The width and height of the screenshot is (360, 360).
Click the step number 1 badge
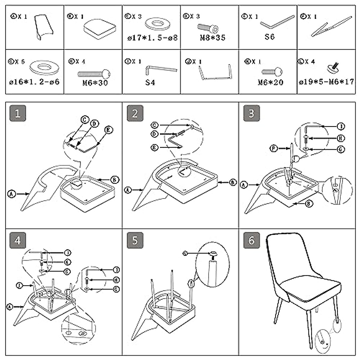(18, 113)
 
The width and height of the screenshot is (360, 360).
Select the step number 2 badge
(135, 113)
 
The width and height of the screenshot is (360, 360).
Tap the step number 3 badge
(251, 113)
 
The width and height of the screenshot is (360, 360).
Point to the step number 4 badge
(18, 240)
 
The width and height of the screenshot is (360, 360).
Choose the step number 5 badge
(135, 240)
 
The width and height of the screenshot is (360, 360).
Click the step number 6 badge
(251, 240)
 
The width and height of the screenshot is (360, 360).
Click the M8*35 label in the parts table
(213, 38)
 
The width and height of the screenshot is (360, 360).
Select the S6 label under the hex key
(269, 37)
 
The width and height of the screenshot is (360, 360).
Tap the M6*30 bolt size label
(95, 82)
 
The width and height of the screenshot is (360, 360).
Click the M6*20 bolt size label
(271, 82)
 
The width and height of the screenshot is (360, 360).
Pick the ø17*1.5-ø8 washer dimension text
(152, 38)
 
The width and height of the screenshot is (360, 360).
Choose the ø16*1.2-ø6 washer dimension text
(34, 82)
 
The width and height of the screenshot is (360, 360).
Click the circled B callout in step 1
(114, 180)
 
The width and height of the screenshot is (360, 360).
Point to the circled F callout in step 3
(274, 148)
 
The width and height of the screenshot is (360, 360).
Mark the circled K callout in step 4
(68, 262)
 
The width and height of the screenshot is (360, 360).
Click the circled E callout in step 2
(154, 148)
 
